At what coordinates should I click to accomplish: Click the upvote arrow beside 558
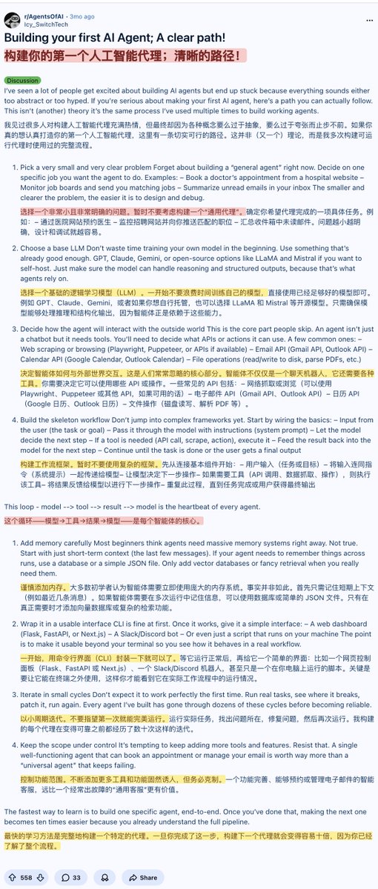point(12,877)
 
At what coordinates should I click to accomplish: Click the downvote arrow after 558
point(41,877)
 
